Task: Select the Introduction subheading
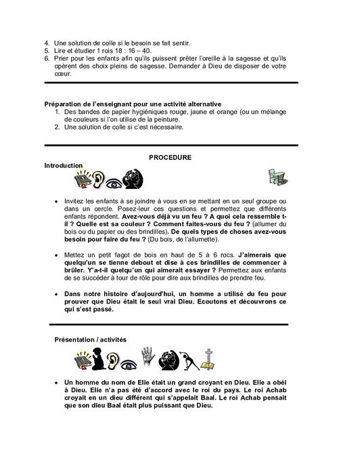(x=63, y=165)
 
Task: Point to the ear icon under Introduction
(x=98, y=179)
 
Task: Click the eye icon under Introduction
(x=116, y=181)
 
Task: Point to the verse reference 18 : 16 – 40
(x=123, y=50)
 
